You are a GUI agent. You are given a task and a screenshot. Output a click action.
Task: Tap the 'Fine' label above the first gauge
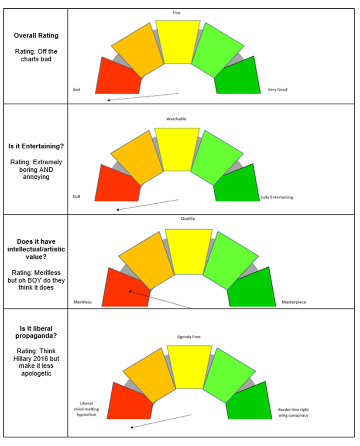point(177,13)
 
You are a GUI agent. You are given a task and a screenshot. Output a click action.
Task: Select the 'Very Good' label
point(278,90)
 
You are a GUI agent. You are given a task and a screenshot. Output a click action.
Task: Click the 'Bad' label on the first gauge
point(77,90)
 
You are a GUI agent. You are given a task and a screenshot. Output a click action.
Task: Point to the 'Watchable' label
point(176,119)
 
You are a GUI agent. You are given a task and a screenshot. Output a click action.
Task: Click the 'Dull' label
point(77,197)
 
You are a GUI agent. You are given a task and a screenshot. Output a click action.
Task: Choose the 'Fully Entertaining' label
point(277,197)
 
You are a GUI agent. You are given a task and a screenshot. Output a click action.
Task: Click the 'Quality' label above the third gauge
point(188,219)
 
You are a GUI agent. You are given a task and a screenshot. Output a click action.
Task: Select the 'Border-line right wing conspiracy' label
point(293,412)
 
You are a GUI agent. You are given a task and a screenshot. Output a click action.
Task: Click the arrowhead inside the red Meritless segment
point(130,291)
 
